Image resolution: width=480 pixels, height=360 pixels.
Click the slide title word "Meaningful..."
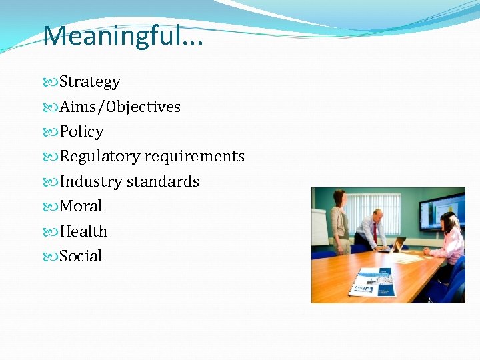point(124,35)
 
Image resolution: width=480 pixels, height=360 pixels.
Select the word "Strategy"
point(89,82)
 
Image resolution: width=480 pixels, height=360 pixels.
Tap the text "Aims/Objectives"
point(120,107)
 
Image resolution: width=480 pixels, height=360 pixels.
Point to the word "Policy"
point(81,132)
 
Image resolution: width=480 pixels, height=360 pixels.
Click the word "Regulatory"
point(100,157)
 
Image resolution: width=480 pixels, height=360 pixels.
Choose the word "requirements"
point(195,157)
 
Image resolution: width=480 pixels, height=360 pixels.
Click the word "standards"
point(163,181)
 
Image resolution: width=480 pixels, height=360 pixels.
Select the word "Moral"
point(81,207)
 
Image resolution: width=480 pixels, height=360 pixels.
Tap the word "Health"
point(83,231)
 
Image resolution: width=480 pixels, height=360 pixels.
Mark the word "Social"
point(81,256)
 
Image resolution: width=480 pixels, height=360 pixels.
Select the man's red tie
point(375,232)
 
